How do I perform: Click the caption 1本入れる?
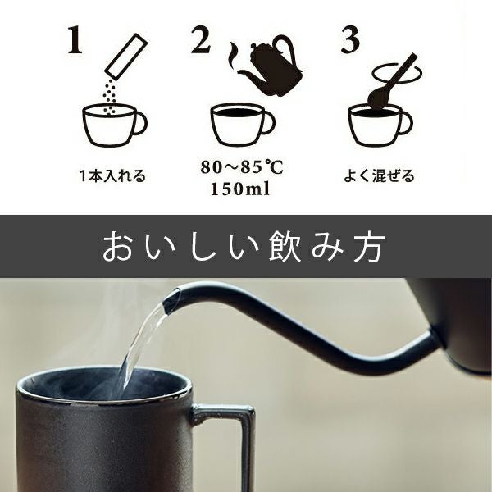112,175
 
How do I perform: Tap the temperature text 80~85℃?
241,169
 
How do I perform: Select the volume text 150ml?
241,189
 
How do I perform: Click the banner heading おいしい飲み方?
245,246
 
